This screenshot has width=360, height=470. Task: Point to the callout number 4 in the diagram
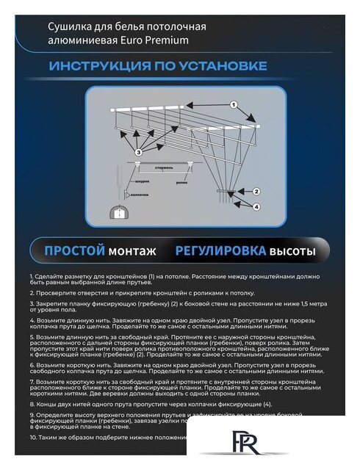coord(256,207)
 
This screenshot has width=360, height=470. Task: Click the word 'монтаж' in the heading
coord(132,251)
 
